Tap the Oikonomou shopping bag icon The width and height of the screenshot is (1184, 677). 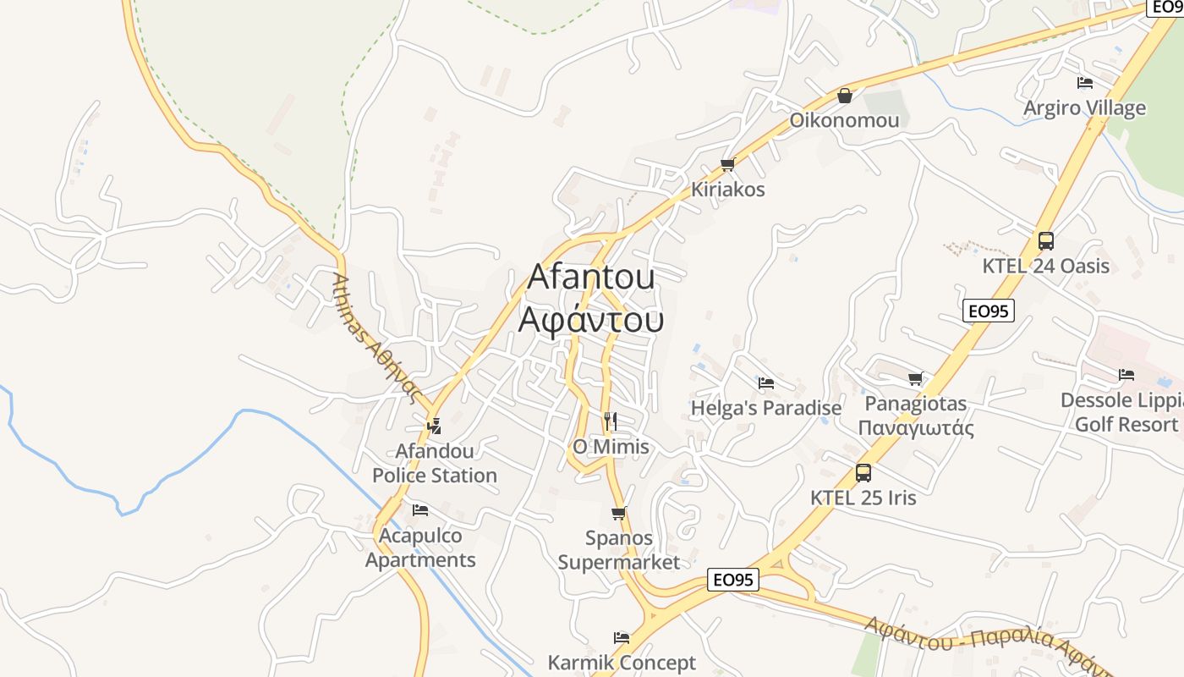[844, 96]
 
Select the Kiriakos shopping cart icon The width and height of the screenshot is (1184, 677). [727, 164]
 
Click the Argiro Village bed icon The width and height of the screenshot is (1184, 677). [1084, 83]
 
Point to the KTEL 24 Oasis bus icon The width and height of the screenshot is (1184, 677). [1046, 241]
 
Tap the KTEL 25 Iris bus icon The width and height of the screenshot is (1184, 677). [863, 473]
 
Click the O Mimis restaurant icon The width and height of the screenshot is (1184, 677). [611, 421]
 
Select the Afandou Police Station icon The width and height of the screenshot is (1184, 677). [435, 426]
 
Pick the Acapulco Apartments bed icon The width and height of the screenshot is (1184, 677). [420, 510]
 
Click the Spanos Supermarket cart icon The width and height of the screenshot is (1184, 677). [618, 513]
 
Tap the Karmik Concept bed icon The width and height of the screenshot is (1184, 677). [622, 638]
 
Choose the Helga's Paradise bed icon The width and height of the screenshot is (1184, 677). [766, 383]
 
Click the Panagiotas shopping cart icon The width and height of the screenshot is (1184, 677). [915, 378]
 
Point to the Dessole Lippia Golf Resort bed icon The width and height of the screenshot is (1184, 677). [1126, 375]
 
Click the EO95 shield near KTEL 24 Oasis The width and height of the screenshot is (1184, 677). [988, 311]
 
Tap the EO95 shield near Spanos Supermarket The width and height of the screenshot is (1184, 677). [732, 580]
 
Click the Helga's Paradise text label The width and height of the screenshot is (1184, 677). [766, 408]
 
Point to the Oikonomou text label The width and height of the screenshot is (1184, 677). [844, 120]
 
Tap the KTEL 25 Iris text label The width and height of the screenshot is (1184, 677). [863, 498]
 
